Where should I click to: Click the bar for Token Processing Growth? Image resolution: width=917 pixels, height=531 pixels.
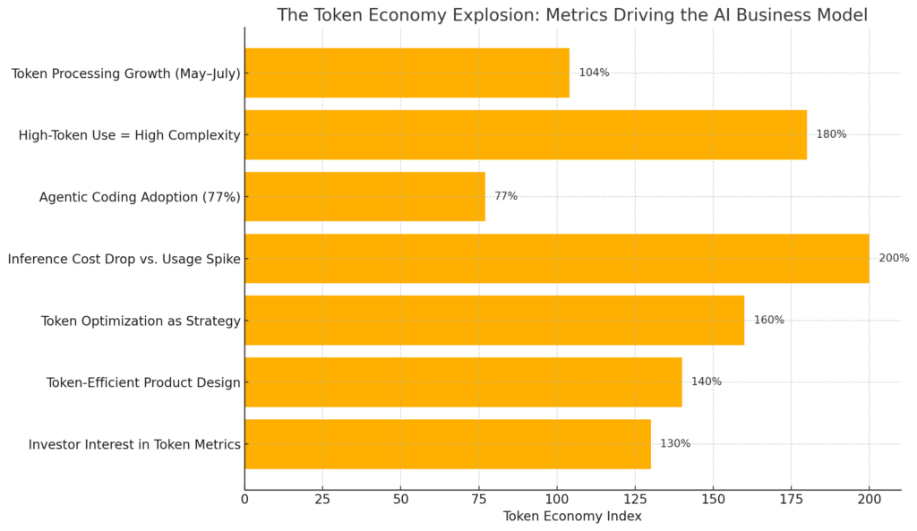click(407, 73)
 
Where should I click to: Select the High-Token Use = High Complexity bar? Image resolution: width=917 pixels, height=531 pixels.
click(525, 134)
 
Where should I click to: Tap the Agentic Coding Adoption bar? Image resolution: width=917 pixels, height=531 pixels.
click(364, 196)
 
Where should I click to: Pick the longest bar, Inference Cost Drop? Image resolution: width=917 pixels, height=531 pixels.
click(556, 258)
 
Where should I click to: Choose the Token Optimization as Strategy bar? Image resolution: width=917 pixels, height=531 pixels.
click(493, 320)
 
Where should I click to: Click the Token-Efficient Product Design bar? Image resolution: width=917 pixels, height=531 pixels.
click(463, 381)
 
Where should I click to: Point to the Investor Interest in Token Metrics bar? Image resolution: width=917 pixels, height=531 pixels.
click(447, 443)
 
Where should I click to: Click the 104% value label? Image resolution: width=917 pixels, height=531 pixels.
click(594, 73)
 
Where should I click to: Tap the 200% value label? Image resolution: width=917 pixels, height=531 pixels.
click(894, 258)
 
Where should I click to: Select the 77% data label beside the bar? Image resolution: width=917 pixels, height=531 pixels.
click(506, 196)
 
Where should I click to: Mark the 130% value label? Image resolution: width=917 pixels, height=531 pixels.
click(675, 443)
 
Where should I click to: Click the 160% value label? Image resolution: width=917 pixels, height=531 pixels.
click(768, 320)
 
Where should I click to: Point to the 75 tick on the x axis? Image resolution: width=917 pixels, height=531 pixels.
click(479, 499)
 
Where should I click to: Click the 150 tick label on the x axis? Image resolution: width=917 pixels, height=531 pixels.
click(713, 499)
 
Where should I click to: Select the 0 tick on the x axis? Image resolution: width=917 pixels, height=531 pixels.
click(244, 499)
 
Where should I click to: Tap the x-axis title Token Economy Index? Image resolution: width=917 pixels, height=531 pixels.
click(572, 517)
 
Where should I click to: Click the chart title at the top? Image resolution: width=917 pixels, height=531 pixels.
click(572, 15)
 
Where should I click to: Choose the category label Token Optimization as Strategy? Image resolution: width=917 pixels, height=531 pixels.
click(141, 321)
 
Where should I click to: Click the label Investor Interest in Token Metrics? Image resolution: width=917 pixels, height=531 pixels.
click(134, 444)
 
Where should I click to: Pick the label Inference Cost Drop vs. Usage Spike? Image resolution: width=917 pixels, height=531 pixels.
click(124, 259)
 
